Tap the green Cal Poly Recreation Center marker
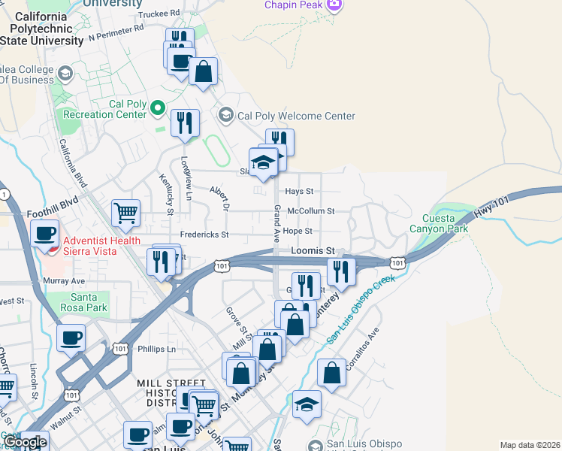[158, 110]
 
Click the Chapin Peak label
[293, 5]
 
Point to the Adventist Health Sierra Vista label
[90, 246]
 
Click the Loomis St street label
[313, 250]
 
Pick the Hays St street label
[299, 192]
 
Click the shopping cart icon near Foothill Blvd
[125, 213]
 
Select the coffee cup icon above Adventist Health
[45, 233]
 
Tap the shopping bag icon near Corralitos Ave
[331, 372]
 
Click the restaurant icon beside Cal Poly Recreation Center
[185, 123]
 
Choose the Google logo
[26, 442]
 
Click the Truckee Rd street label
[160, 13]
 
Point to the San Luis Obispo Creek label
[361, 310]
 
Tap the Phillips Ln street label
[156, 349]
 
